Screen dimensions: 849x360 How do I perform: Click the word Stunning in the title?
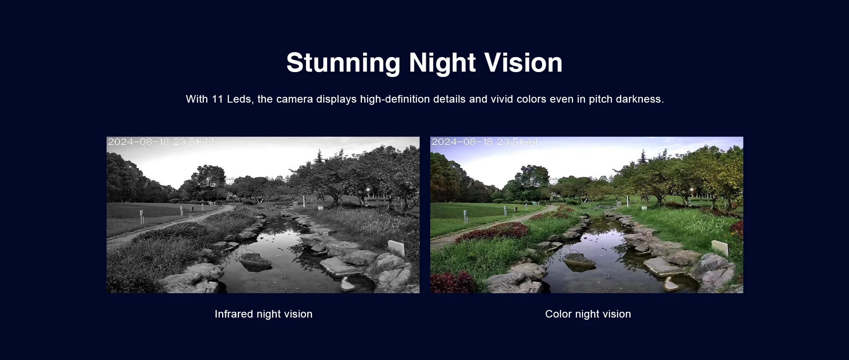pos(343,63)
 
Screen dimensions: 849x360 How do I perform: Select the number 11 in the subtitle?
pos(217,99)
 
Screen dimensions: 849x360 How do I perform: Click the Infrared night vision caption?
pos(264,314)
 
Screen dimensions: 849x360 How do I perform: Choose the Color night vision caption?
pos(588,314)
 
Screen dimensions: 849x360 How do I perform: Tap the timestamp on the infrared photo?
pos(161,142)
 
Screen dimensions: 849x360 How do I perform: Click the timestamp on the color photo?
pos(485,142)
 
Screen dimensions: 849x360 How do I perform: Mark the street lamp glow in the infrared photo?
pos(368,191)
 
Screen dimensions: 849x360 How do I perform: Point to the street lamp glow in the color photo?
pos(692,191)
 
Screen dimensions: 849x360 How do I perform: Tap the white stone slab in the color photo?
pos(720,248)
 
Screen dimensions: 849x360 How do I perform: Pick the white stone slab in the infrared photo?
pos(396,248)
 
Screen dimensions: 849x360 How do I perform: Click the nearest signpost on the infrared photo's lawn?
pos(141,216)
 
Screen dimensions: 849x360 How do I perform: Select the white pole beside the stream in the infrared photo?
pos(305,200)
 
